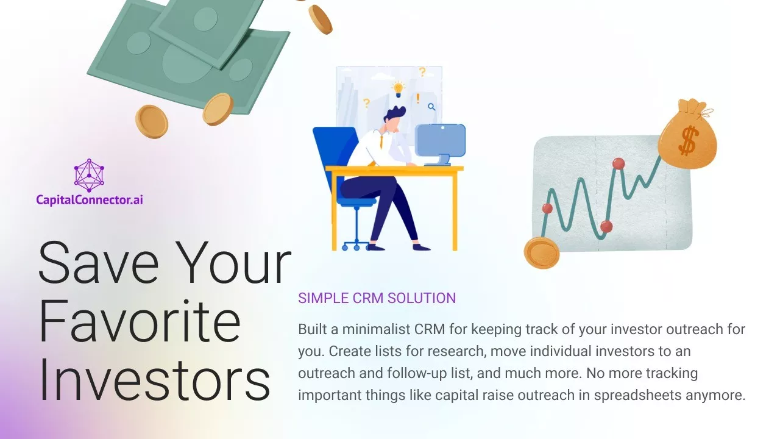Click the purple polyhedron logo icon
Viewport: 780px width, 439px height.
[89, 175]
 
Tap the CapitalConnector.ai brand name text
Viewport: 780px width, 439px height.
[90, 200]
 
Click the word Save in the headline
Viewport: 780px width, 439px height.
[99, 262]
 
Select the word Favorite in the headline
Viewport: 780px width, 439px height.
[140, 321]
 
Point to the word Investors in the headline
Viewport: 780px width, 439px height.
[155, 380]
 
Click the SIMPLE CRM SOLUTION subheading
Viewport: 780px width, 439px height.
[377, 298]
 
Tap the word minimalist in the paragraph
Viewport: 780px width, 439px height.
[376, 329]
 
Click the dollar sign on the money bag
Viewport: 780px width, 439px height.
[689, 140]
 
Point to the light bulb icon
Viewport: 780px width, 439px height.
[398, 88]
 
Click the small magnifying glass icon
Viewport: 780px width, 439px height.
[431, 107]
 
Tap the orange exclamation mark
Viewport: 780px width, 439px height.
[418, 99]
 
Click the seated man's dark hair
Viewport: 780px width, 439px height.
[395, 114]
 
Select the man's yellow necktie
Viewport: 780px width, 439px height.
[381, 141]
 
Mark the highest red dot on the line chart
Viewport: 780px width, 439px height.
[619, 163]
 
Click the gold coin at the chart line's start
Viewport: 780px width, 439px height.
[542, 252]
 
